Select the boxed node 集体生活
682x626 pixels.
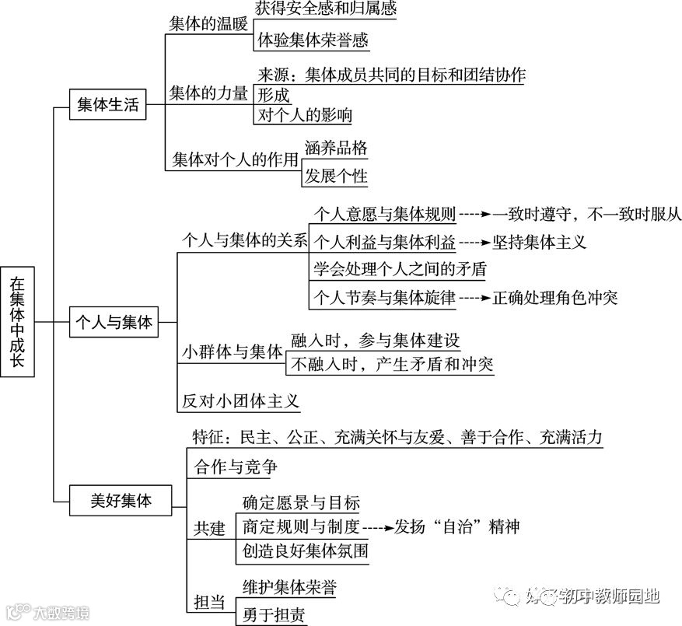coord(107,105)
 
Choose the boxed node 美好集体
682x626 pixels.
coord(121,502)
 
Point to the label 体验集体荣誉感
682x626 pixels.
coord(313,39)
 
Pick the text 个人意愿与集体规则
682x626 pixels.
coord(384,212)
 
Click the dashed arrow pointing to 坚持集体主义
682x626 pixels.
coord(474,241)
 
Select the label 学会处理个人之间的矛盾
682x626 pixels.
coord(400,269)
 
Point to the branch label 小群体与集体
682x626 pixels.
coord(232,351)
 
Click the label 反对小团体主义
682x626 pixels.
coord(240,401)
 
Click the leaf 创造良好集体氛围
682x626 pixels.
coord(305,553)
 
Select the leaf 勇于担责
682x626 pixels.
coord(274,615)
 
